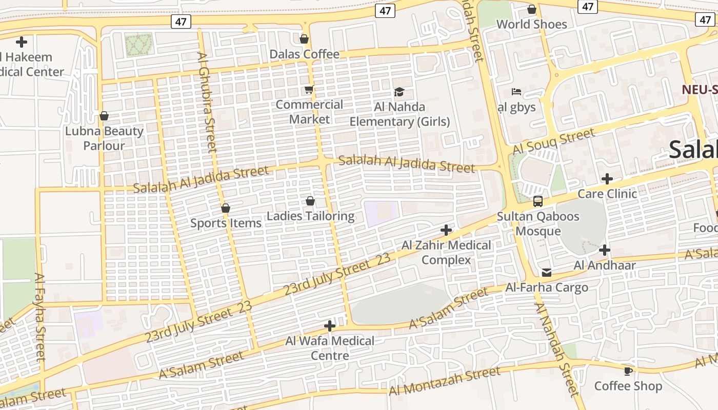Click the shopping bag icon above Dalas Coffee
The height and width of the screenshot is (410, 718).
tap(304, 39)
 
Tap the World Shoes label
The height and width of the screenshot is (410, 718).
tap(531, 24)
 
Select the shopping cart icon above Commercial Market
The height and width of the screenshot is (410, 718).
tap(309, 90)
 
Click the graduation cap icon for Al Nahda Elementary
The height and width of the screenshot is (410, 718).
tap(399, 92)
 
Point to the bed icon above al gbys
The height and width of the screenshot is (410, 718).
tap(516, 92)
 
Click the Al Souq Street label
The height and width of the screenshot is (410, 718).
tap(553, 141)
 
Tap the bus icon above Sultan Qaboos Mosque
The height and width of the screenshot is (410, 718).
tap(537, 201)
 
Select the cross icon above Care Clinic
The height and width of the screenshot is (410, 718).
tap(607, 179)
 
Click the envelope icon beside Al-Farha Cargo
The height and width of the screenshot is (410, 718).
tap(547, 272)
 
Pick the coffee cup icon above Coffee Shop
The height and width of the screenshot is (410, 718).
tap(628, 371)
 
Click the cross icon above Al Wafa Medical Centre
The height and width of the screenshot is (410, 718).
tap(330, 326)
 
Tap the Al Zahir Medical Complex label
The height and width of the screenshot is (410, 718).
tap(446, 253)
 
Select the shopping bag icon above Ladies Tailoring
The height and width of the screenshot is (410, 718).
tap(310, 201)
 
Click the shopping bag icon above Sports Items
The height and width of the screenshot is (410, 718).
tap(225, 208)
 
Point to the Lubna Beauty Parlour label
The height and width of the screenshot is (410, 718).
tap(104, 138)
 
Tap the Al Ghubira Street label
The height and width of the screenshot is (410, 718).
tap(207, 102)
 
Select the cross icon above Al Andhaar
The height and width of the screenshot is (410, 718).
tap(605, 250)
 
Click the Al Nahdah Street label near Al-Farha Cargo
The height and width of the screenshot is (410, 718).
tap(556, 349)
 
